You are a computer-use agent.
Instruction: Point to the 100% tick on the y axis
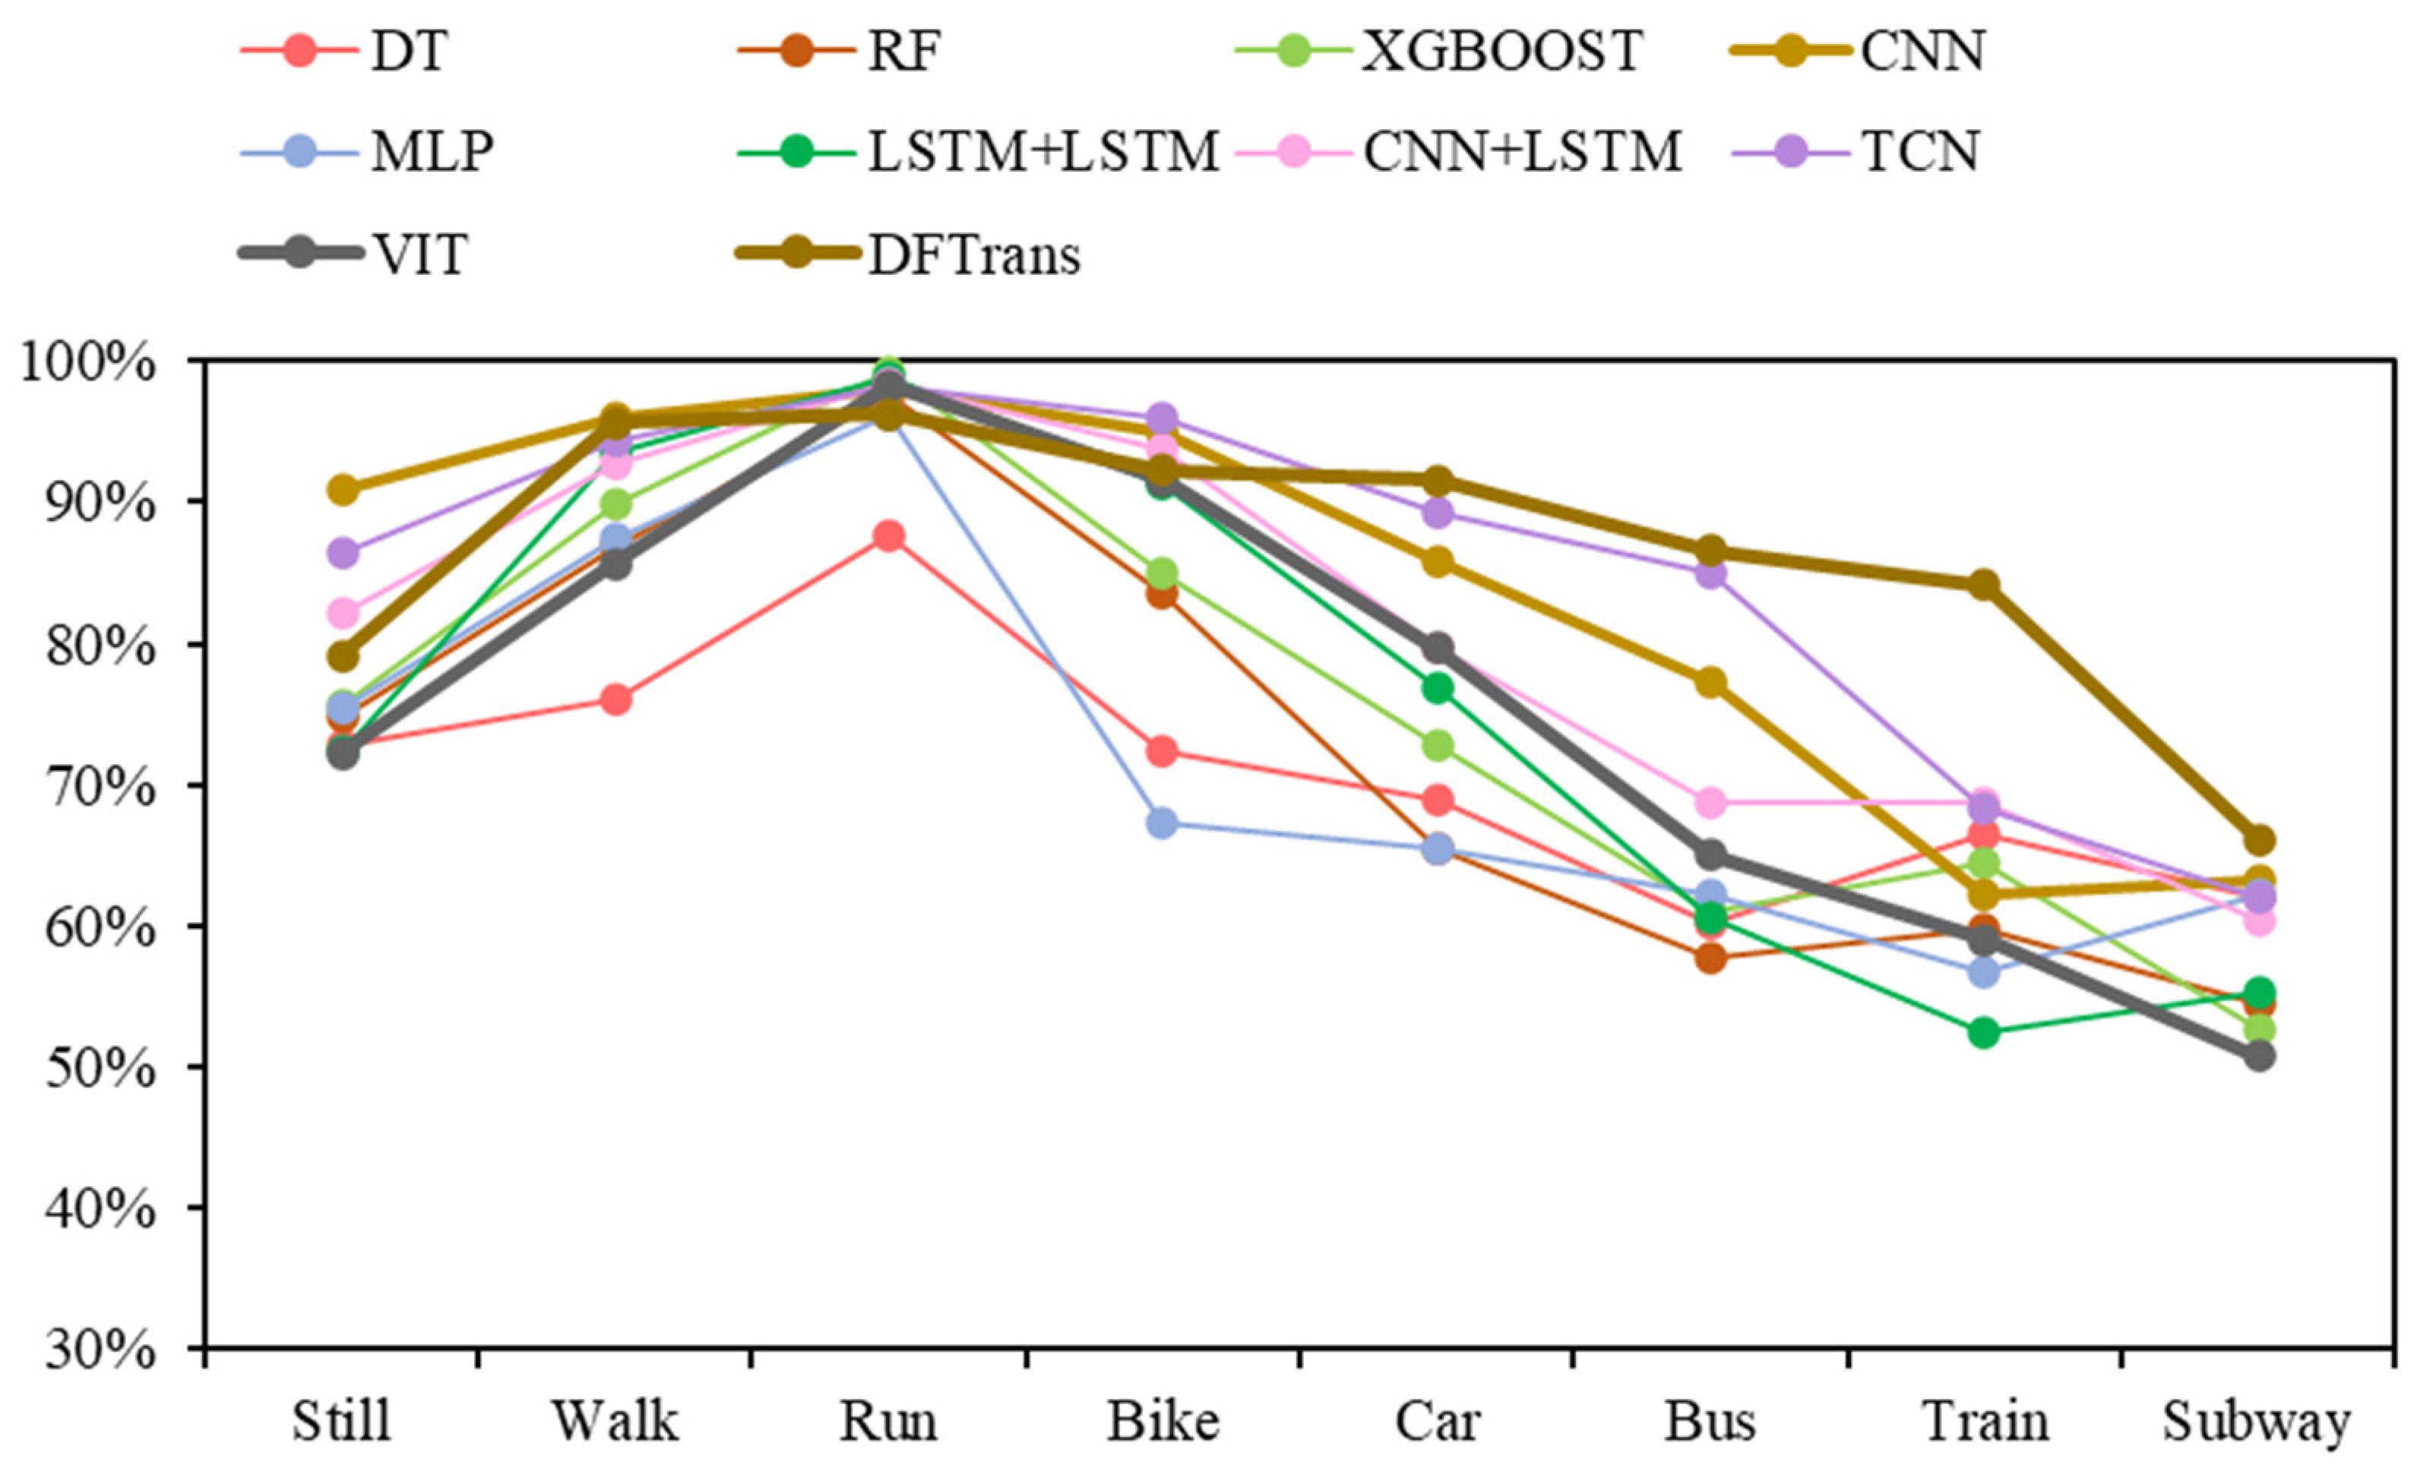tap(88, 363)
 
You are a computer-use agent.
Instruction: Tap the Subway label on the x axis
tap(2256, 1421)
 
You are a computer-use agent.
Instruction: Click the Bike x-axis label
tap(1163, 1421)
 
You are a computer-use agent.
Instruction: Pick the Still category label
tap(341, 1421)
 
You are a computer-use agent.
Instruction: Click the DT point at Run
tap(888, 535)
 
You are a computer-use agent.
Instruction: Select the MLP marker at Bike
tap(1162, 823)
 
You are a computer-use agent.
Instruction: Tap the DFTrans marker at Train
tap(1984, 585)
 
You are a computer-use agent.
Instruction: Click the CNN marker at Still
tap(343, 488)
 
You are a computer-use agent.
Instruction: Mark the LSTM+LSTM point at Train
tap(1984, 1032)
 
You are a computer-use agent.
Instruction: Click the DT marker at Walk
tap(615, 700)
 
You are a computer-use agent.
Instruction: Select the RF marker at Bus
tap(1710, 958)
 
